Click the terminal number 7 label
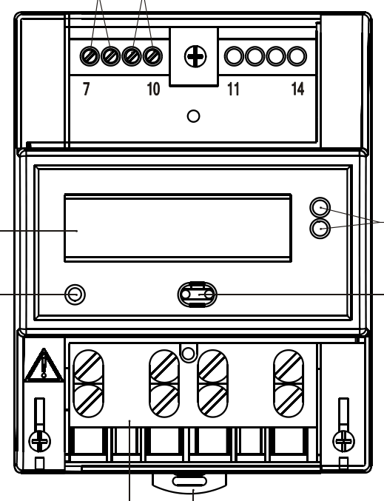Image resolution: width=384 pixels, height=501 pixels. (x=87, y=89)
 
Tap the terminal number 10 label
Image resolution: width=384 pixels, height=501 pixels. (x=153, y=89)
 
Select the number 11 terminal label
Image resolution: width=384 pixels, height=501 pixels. (x=233, y=89)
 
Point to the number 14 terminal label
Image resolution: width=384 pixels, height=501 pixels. (x=297, y=89)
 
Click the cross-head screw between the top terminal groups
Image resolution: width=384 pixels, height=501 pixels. (x=195, y=56)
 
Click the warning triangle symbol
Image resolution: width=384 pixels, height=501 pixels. (x=44, y=365)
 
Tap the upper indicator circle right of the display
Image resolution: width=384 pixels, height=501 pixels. (x=320, y=207)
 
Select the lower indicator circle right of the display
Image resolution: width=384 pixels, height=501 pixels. (x=320, y=229)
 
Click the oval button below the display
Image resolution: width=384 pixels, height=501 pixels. (x=197, y=295)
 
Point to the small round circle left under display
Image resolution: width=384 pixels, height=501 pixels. (x=75, y=295)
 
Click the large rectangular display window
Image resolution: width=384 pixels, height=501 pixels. (x=178, y=228)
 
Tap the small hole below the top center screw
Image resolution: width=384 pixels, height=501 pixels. (x=193, y=116)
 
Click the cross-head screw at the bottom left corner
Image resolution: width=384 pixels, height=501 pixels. (x=40, y=441)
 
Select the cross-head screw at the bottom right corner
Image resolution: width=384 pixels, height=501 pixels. (x=343, y=441)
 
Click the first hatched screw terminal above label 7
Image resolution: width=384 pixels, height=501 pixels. (x=89, y=56)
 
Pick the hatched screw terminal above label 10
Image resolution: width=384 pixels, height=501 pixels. (x=152, y=56)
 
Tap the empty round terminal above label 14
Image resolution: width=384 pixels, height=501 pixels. (x=297, y=56)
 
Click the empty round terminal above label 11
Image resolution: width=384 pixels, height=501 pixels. (x=234, y=56)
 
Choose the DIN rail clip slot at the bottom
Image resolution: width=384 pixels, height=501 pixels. (x=189, y=481)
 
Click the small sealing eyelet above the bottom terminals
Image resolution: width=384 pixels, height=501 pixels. (x=189, y=354)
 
